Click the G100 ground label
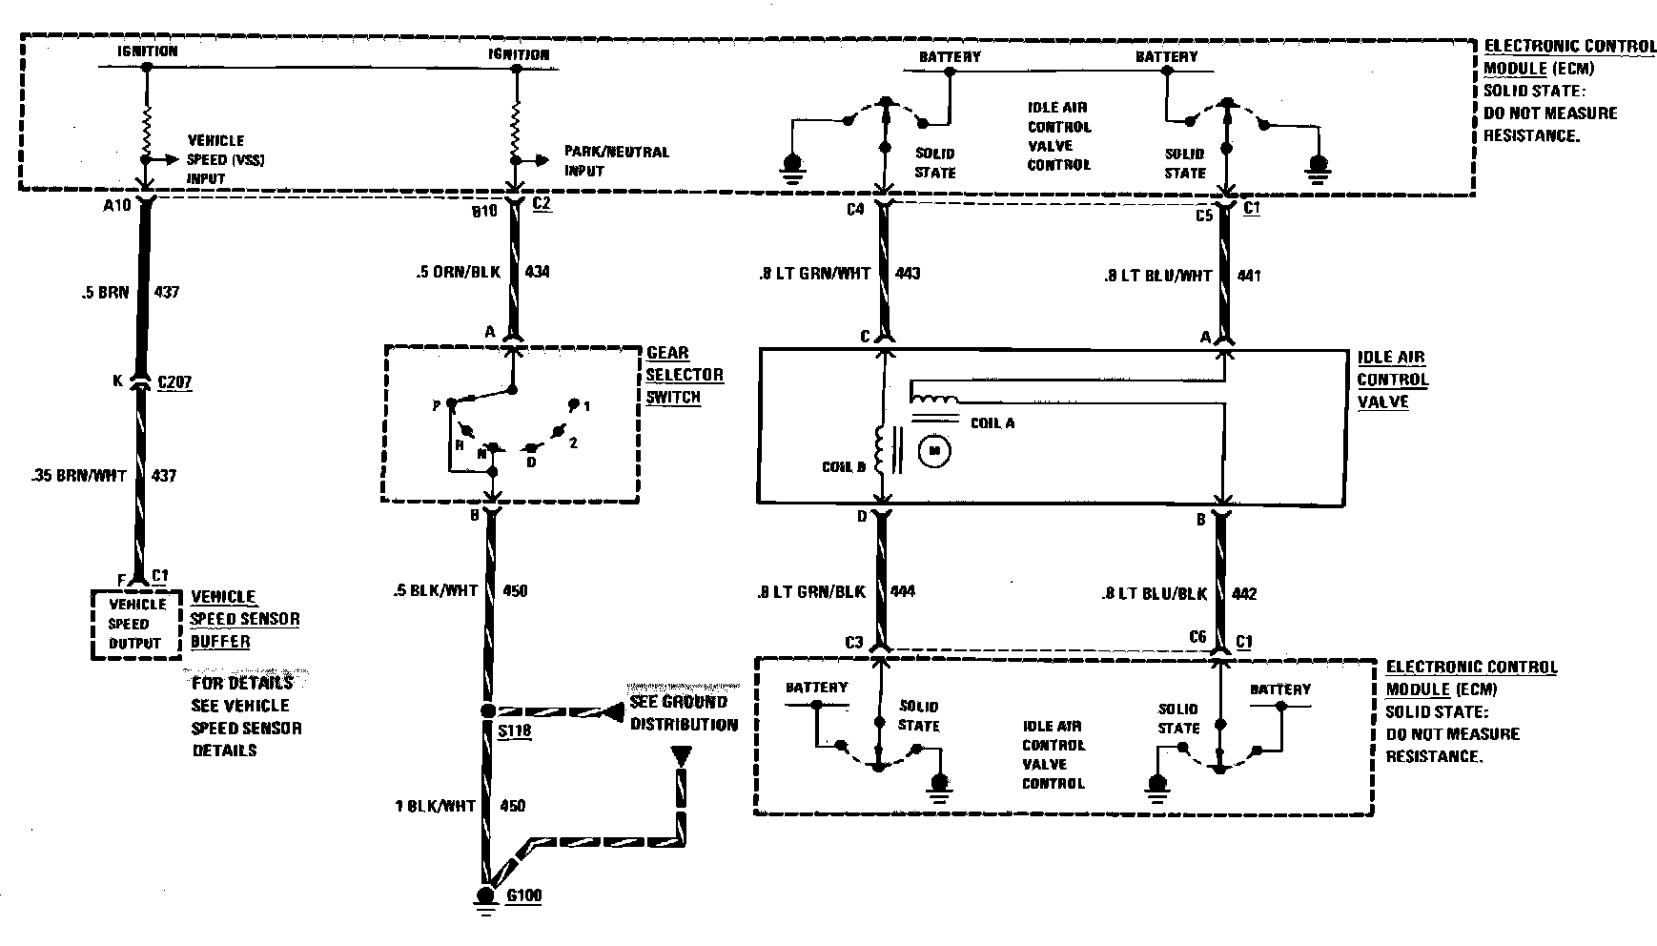click(x=526, y=896)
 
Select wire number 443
click(x=908, y=274)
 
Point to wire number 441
click(x=1248, y=276)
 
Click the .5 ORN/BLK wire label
click(x=458, y=272)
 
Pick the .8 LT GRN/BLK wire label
click(x=811, y=591)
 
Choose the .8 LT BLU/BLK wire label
click(x=1154, y=593)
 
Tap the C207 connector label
click(x=174, y=382)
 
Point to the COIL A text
click(x=992, y=422)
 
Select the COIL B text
click(x=844, y=467)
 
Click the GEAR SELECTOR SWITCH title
click(x=685, y=375)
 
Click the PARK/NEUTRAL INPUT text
click(x=616, y=161)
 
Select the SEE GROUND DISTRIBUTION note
click(x=683, y=713)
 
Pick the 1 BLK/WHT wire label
click(x=435, y=806)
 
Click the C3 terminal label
click(x=853, y=642)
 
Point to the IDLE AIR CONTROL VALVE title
click(x=1392, y=380)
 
